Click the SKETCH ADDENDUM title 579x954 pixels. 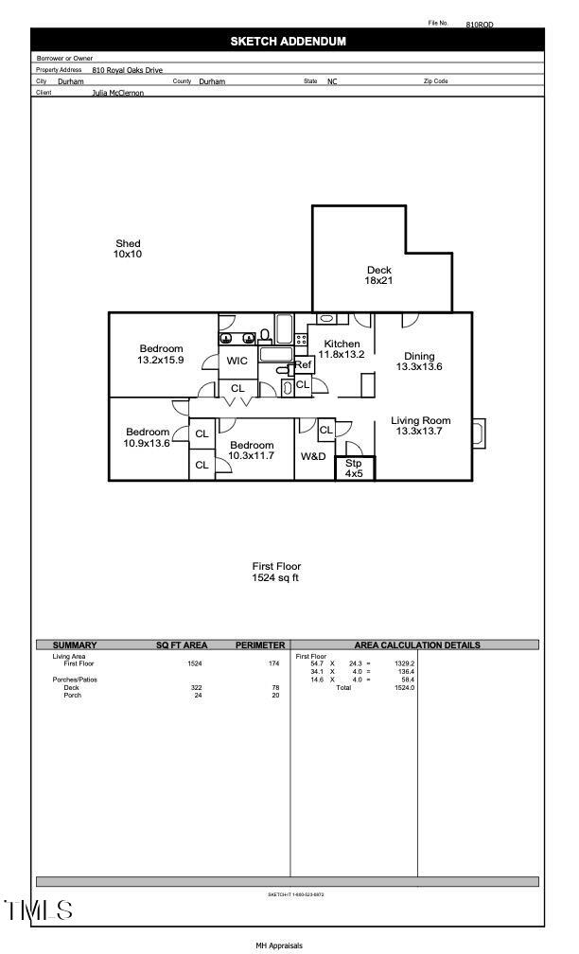point(289,41)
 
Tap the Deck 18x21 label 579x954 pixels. point(378,275)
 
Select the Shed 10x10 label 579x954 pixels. point(128,249)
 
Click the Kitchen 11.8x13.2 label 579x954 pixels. point(342,348)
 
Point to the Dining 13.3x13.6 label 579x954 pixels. point(419,362)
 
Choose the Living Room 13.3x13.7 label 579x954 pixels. point(421,426)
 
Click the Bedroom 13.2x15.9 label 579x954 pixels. point(161,355)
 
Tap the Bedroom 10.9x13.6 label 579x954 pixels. point(147,437)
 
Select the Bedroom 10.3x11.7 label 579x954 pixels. point(251,450)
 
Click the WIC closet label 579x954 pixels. point(237,362)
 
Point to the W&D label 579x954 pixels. point(313,456)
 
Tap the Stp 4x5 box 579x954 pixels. point(354,468)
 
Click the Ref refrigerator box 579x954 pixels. point(304,364)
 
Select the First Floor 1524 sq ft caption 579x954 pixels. point(276,572)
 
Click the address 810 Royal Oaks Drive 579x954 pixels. point(128,70)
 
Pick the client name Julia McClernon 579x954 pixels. point(118,93)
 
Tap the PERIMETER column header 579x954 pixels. point(260,645)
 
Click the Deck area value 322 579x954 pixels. point(197,687)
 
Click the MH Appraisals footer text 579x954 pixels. point(279,945)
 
